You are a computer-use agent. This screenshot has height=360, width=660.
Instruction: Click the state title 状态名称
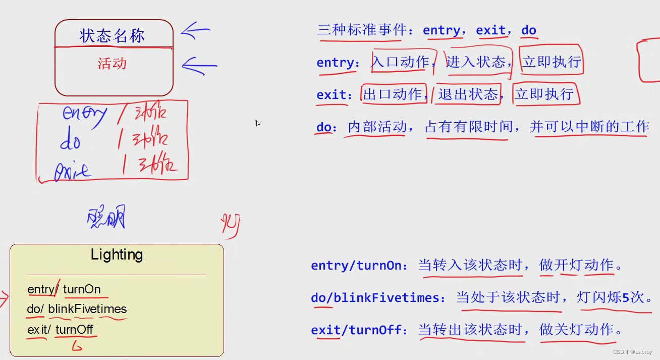point(112,36)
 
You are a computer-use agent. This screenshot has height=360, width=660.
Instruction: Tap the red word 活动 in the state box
point(112,64)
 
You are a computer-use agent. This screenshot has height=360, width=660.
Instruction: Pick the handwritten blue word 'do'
point(70,140)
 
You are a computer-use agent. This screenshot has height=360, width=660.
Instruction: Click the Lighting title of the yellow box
point(117,254)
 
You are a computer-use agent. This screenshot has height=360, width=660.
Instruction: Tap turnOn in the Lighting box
point(82,289)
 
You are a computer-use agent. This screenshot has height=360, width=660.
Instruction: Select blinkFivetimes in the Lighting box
point(87,309)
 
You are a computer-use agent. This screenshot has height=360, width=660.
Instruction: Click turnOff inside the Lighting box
point(74,330)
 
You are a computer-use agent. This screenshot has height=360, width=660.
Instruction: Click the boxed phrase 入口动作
point(400,62)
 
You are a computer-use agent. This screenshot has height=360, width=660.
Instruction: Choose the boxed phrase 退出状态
point(468,94)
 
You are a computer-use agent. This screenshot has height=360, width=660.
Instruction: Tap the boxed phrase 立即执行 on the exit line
point(544,94)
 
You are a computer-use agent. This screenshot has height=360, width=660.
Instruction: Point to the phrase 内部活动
point(377,126)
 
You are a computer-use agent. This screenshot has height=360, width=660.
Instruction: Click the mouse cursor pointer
point(257,123)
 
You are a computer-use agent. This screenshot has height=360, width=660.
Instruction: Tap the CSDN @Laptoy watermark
point(632,352)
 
